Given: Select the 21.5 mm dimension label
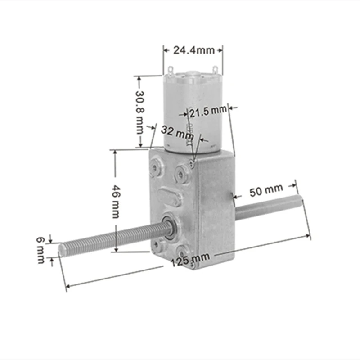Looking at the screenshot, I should tap(208, 111).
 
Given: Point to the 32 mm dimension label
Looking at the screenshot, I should tap(177, 132).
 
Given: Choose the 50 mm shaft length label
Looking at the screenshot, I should tap(266, 191).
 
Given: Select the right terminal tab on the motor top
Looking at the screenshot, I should tap(216, 70).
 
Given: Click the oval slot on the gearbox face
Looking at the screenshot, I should tap(169, 198).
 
